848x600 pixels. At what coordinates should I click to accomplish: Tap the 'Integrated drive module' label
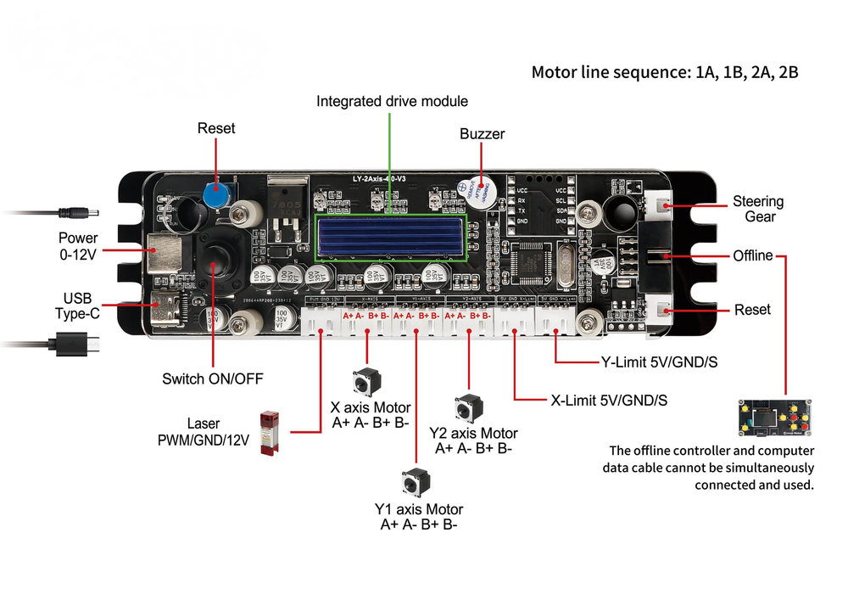pos(392,101)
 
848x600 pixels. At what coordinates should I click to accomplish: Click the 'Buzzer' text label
pos(482,134)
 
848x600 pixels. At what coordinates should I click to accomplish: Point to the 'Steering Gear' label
pos(757,209)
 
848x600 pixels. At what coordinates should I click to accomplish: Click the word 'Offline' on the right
pos(753,255)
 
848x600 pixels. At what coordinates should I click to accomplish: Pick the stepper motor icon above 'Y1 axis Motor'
pos(416,483)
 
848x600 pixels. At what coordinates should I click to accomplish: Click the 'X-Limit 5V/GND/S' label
pos(608,400)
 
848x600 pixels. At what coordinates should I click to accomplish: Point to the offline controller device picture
pos(776,418)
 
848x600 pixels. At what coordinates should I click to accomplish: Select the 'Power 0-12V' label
pos(78,246)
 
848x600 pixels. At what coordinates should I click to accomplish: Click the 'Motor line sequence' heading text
pos(664,72)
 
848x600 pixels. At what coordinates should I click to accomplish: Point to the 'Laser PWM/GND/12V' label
pos(204,431)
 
